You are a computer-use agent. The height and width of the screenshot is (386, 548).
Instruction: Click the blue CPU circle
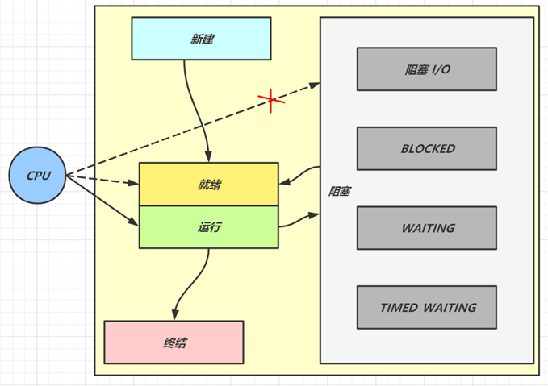click(x=37, y=176)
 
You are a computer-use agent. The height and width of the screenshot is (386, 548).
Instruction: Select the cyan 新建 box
click(x=201, y=38)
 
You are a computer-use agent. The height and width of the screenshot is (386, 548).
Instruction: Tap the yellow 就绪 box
click(x=208, y=184)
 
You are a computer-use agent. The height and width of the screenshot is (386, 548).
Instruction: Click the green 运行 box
click(x=208, y=226)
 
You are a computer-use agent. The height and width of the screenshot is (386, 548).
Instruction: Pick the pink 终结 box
click(x=174, y=342)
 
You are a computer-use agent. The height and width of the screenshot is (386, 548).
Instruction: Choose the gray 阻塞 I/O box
click(x=426, y=69)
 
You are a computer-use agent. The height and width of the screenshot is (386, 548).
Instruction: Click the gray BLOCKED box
click(x=426, y=148)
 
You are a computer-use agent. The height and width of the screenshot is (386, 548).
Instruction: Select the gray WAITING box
click(x=426, y=228)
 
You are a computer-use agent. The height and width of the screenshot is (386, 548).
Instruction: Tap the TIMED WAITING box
click(x=426, y=307)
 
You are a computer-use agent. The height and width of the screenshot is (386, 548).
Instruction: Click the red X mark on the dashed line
click(x=271, y=101)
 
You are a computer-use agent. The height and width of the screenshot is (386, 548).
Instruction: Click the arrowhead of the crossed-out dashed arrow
click(x=315, y=85)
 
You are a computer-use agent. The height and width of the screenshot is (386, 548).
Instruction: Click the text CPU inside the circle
click(x=37, y=176)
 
